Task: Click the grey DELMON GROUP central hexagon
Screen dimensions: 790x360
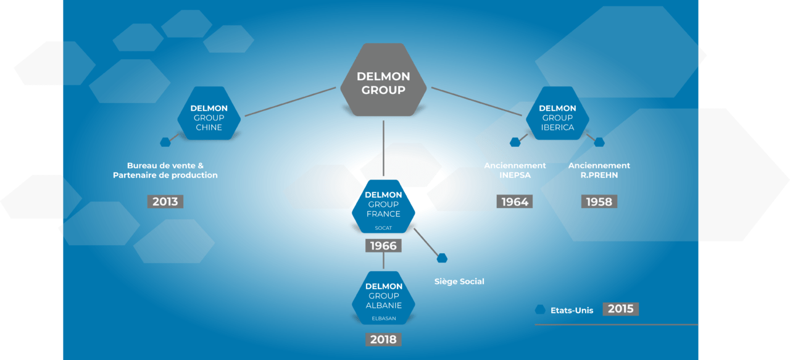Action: coord(383,80)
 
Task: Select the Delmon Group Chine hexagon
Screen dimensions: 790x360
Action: coord(209,113)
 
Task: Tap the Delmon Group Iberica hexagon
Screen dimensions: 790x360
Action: coord(557,113)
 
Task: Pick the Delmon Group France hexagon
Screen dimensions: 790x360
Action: coord(383,206)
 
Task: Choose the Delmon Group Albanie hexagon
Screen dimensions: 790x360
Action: coord(383,298)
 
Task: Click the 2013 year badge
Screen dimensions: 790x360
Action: coord(165,201)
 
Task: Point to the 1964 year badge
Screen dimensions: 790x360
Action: coord(515,201)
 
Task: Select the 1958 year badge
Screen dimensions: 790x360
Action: coord(599,201)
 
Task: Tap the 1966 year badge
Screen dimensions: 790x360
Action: coord(383,246)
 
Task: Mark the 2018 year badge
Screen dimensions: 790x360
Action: coord(383,340)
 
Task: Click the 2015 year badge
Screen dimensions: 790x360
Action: coord(621,309)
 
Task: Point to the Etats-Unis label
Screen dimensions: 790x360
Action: coord(572,311)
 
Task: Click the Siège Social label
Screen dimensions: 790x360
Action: coord(459,282)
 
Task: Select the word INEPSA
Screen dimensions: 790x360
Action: coord(515,175)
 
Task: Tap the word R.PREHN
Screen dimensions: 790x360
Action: coord(599,175)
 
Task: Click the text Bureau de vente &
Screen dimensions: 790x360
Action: coord(165,165)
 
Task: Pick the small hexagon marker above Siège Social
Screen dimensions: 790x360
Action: coord(442,258)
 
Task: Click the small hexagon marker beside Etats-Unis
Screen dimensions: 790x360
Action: coord(540,309)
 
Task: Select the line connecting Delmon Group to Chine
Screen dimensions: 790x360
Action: coord(290,102)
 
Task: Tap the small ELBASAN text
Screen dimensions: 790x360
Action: coord(384,319)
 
